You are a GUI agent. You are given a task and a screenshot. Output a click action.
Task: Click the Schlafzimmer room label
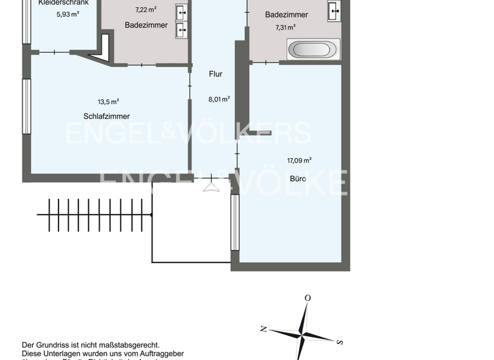[106, 116]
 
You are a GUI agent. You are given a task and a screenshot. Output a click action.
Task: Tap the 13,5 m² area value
[108, 102]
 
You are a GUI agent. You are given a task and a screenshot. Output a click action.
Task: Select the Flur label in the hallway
[215, 74]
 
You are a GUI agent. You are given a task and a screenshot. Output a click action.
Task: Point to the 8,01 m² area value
[219, 99]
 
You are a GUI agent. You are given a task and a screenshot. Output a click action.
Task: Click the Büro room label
[297, 178]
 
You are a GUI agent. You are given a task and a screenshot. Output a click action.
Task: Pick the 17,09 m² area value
[299, 161]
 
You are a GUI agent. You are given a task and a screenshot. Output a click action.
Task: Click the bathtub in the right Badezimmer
[313, 50]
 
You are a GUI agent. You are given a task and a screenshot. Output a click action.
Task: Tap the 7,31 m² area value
[285, 27]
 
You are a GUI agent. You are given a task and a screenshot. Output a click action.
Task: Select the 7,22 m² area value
[145, 10]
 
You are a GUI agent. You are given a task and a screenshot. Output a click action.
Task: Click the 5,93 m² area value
[67, 14]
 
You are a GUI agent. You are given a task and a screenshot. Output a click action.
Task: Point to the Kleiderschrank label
[63, 3]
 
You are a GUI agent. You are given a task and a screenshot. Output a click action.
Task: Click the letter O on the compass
[307, 298]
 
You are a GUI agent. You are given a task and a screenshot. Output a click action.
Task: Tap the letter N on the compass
[264, 328]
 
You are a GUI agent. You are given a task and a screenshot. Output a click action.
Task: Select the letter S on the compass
[340, 341]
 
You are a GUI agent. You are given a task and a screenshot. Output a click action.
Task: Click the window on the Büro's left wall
[235, 222]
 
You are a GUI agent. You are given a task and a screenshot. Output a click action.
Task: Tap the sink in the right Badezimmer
[334, 11]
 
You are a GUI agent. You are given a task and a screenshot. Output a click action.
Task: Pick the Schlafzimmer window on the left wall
[26, 106]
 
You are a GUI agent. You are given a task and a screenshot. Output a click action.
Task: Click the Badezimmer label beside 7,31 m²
[286, 15]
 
